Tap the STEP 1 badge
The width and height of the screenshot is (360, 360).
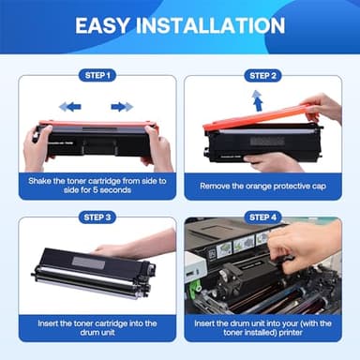coord(97,75)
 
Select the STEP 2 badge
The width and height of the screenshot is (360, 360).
coord(262,75)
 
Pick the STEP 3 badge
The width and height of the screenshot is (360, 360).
coord(97,217)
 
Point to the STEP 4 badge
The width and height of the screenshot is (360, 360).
coord(262,217)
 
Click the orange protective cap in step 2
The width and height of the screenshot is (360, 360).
coord(253,120)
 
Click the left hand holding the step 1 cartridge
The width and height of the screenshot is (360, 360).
coord(35,145)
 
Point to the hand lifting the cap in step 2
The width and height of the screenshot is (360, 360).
coord(323,108)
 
